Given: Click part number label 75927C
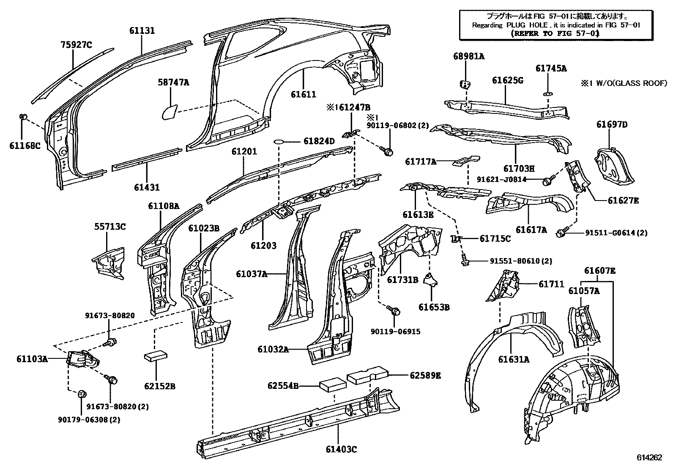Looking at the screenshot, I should pos(76,44).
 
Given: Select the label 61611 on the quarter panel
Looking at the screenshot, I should pos(303,94).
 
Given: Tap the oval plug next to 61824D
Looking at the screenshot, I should pos(279,141).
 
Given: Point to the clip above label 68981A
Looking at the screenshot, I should pos(465,83).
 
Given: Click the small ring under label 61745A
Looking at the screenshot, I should pos(547,93).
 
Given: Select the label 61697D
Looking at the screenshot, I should pos(612,124).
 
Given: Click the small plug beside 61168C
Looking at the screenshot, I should pos(24,117).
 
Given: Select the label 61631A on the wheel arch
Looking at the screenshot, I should pos(513,360).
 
